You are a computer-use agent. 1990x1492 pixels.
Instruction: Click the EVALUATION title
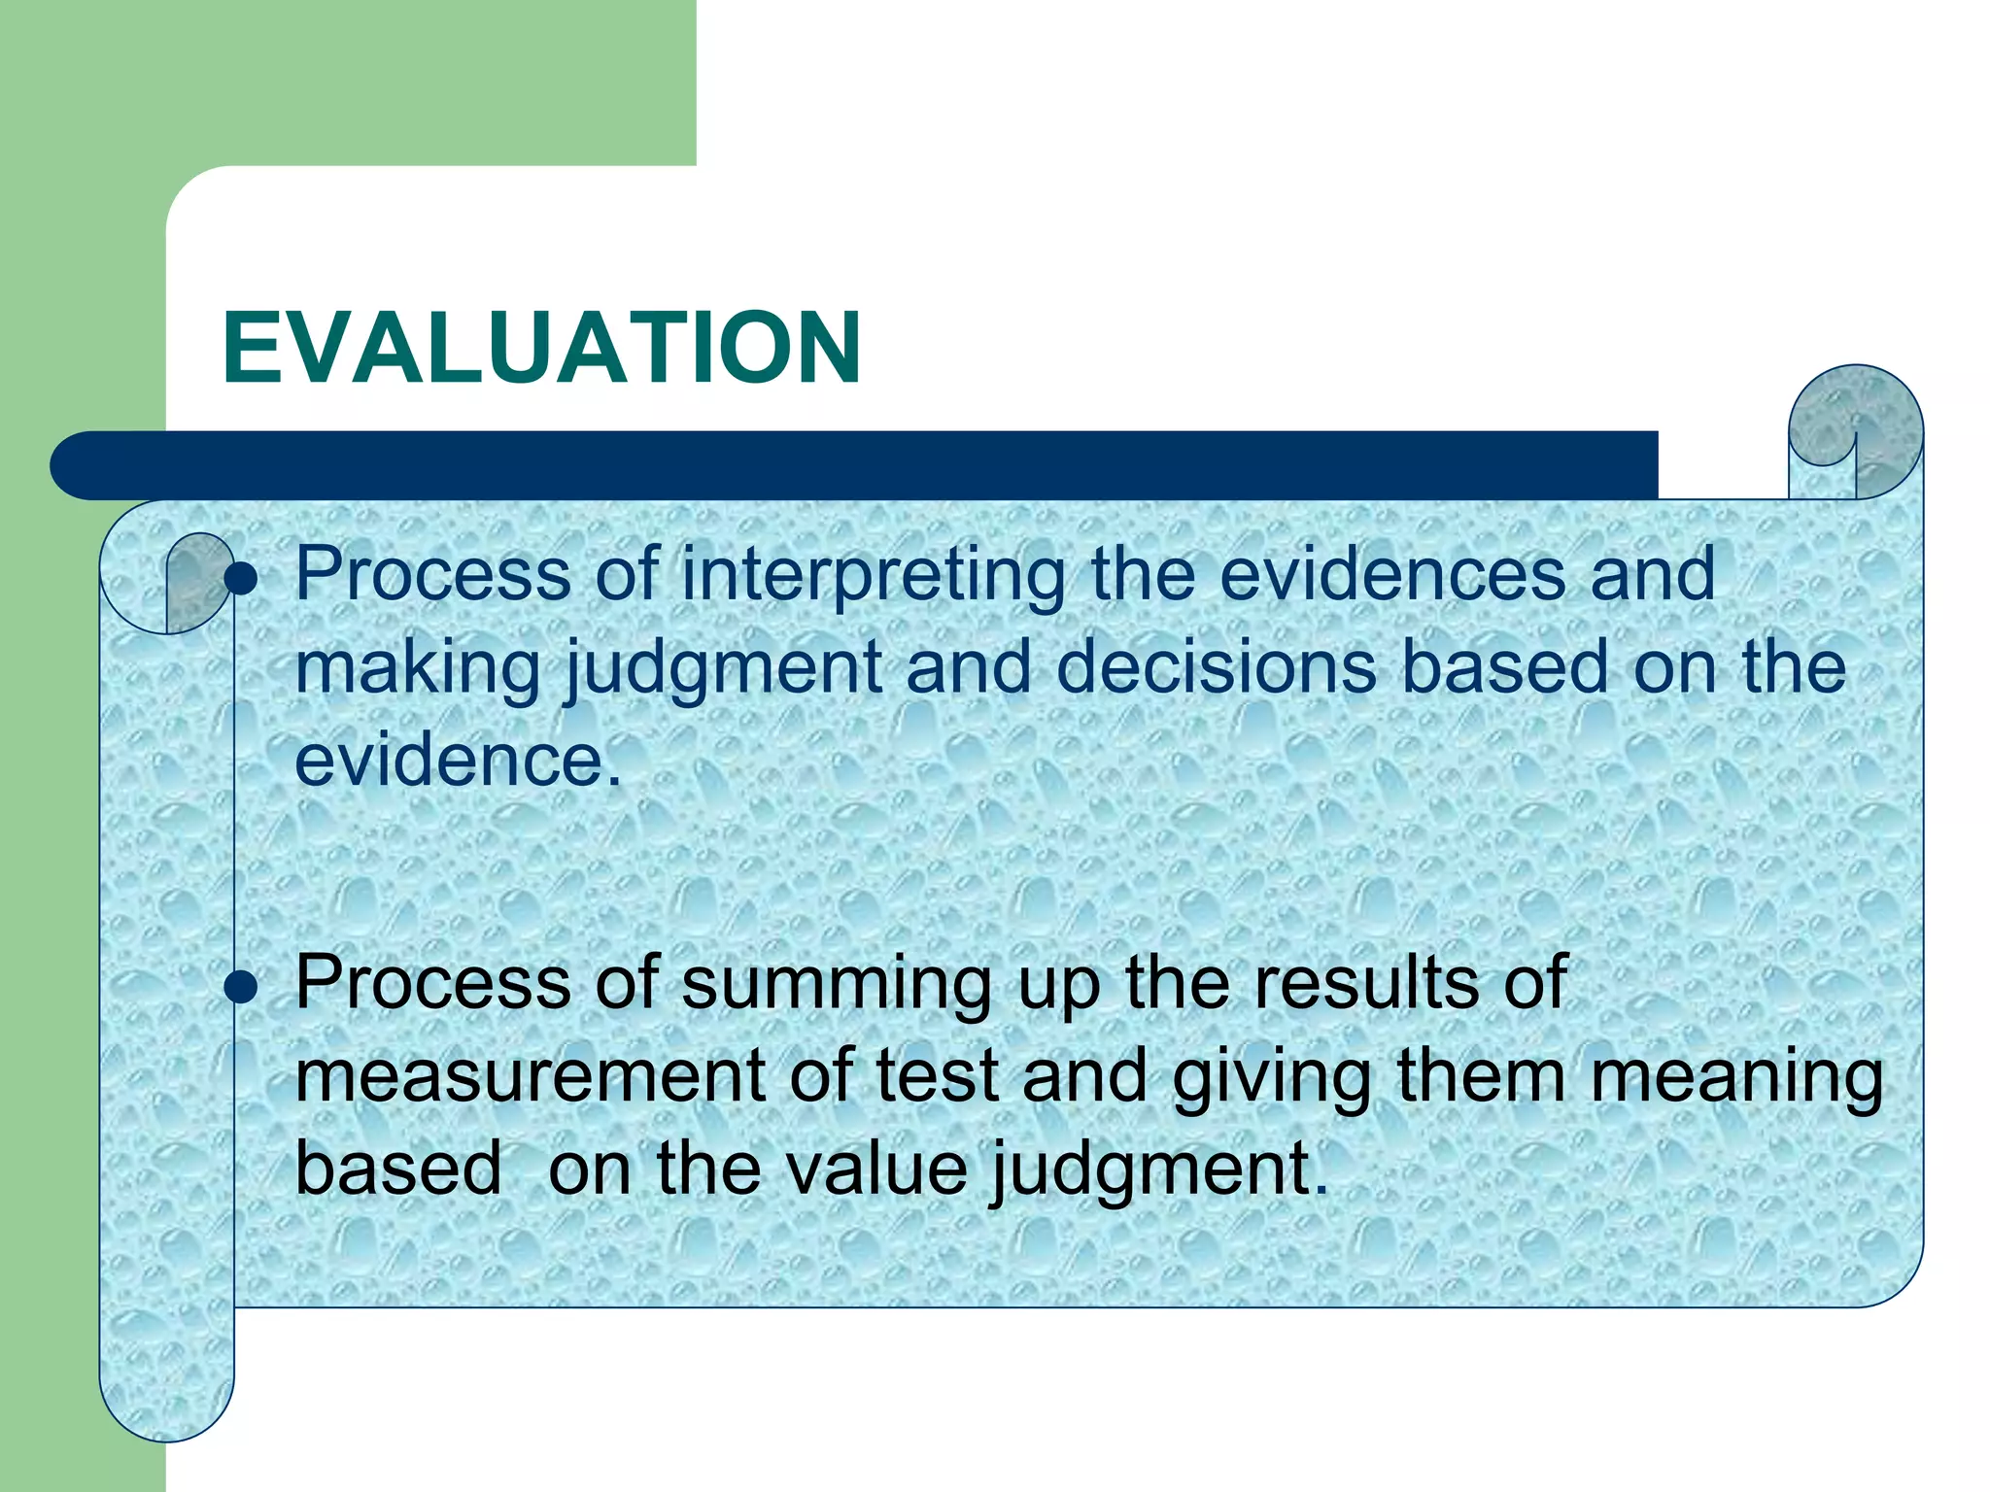(541, 348)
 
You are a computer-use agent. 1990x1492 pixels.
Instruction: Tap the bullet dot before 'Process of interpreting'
(240, 580)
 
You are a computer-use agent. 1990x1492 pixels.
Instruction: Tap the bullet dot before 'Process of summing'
(240, 989)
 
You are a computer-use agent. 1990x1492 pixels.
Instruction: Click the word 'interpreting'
(873, 575)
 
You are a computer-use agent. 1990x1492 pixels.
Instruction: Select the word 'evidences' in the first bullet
(1392, 573)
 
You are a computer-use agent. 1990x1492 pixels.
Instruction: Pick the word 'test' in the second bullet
(937, 1075)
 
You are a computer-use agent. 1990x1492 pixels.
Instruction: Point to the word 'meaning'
(1736, 1077)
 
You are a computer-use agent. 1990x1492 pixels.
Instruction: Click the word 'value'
(876, 1168)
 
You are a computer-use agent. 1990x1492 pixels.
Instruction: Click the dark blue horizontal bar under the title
(855, 465)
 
